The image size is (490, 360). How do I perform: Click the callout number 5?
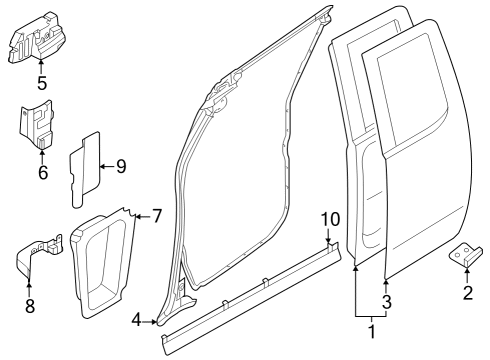(x=41, y=82)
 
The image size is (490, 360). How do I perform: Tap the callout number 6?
(x=42, y=171)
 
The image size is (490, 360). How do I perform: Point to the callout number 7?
(x=156, y=216)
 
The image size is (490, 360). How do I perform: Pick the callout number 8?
(x=29, y=306)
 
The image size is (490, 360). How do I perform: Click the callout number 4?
(x=136, y=320)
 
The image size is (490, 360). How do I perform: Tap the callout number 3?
(x=387, y=301)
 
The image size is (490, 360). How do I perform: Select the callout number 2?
(x=466, y=292)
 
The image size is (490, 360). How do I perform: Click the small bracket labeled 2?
(x=465, y=255)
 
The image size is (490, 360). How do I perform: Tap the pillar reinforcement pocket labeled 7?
(x=105, y=260)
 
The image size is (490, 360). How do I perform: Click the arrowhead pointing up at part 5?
(x=41, y=64)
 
